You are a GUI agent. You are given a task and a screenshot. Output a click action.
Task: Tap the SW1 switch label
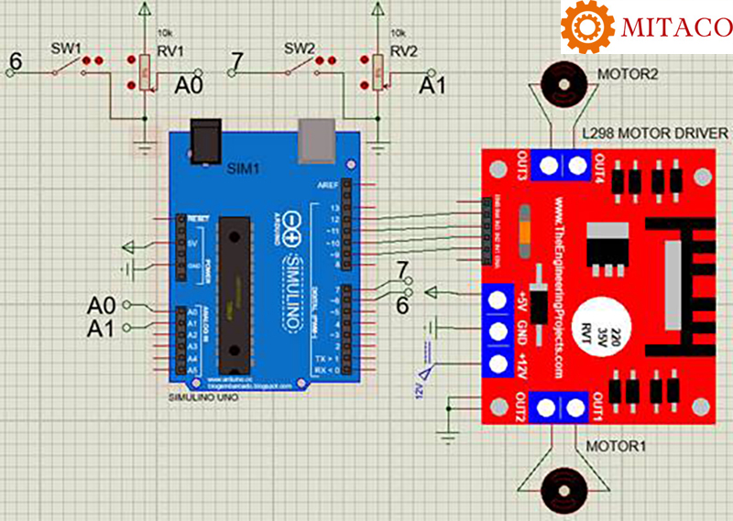(64, 47)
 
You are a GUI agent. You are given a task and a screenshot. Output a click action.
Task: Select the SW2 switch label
(300, 47)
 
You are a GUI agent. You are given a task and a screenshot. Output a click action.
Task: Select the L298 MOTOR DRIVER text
(655, 134)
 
